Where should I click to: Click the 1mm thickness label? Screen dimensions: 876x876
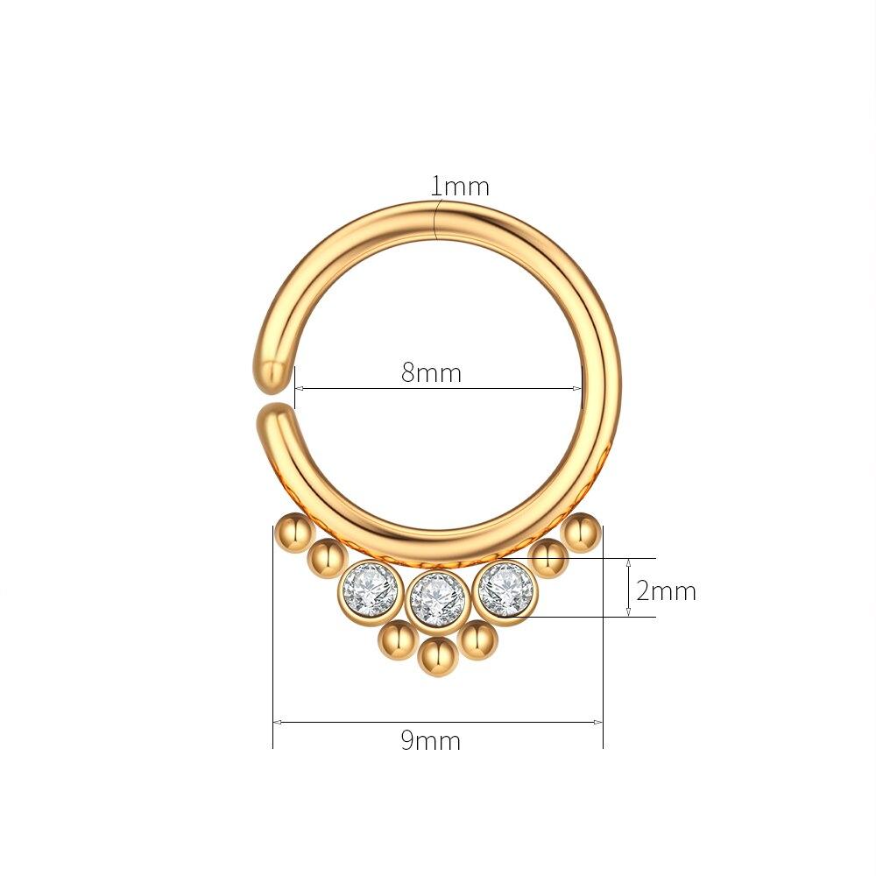point(459,187)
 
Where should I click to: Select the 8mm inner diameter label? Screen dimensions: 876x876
point(431,372)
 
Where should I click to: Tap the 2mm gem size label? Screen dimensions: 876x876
point(666,591)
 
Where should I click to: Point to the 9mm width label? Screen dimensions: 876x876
point(430,741)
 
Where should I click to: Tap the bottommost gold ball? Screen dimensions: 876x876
point(437,655)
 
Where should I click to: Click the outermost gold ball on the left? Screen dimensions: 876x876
point(291,531)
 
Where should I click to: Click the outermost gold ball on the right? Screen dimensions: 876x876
point(582,531)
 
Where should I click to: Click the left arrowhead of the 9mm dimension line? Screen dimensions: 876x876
point(277,722)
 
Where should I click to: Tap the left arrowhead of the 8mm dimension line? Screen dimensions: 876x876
point(299,389)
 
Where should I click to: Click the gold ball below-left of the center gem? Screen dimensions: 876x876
point(397,640)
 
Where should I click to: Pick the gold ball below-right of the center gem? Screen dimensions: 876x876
point(477,640)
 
